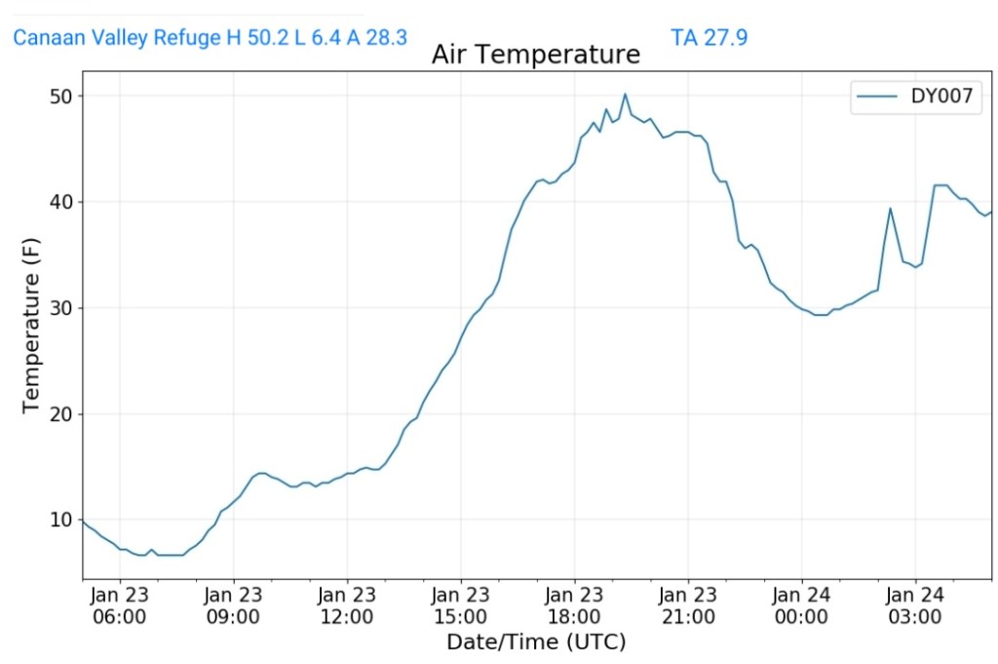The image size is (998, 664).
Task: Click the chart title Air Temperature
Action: point(535,55)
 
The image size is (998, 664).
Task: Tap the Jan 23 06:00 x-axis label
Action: point(120,605)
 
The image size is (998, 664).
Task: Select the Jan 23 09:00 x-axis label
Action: point(234,605)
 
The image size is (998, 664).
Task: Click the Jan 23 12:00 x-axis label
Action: point(347,605)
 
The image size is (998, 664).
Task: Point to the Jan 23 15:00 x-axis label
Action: point(461,605)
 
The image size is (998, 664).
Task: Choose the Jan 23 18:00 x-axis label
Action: point(574,605)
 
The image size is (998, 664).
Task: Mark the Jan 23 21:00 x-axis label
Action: point(688,605)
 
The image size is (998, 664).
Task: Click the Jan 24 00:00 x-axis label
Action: point(801,605)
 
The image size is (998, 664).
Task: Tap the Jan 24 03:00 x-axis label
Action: point(915,605)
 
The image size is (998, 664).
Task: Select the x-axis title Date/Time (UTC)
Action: point(535,643)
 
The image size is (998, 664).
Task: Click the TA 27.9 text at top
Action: point(709,38)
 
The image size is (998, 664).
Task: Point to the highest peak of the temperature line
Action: point(625,95)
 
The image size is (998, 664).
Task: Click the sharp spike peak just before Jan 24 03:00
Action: point(890,208)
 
